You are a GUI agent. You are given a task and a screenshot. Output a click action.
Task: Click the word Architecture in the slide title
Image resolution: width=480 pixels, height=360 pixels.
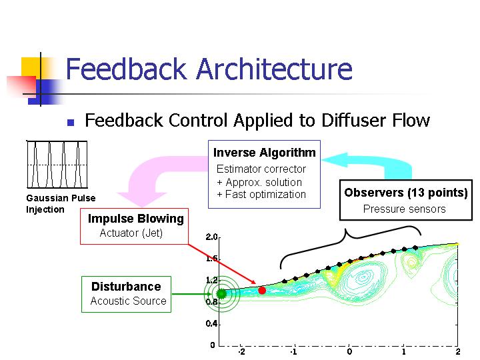coord(274,69)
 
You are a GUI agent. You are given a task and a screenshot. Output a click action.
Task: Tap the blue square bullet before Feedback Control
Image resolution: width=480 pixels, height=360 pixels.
coord(71,123)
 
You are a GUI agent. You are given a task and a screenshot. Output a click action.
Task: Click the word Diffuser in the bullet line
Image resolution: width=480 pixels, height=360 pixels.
coord(354,120)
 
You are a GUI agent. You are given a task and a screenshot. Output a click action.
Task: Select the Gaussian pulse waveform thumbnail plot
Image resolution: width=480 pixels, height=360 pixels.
coord(57,165)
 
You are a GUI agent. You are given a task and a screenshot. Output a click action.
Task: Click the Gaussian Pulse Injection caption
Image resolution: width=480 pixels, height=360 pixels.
coord(61,203)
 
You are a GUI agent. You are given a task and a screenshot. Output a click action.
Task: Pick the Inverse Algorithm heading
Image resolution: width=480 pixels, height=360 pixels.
coord(265,153)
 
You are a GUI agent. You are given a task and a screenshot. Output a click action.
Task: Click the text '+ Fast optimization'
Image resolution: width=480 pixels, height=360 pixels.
coord(261,195)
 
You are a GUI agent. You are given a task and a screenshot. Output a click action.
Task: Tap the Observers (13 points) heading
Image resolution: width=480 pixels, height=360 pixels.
coord(406,193)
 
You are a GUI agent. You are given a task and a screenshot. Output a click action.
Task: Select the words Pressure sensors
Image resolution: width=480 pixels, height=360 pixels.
coord(405,209)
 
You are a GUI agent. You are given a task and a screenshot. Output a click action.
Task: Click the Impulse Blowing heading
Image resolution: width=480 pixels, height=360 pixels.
coord(136,219)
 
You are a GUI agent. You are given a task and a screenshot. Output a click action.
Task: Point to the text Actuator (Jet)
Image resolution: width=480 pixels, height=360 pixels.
coord(131,233)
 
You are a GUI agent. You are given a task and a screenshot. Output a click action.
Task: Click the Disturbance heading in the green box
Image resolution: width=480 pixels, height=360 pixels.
coord(126,287)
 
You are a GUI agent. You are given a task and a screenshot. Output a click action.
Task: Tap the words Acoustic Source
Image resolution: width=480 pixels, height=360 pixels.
coord(128,301)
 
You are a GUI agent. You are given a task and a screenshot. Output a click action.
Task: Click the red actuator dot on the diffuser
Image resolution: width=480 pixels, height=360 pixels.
coord(262,290)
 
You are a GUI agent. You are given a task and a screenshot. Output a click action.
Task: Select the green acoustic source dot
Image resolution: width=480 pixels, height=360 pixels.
coord(221,294)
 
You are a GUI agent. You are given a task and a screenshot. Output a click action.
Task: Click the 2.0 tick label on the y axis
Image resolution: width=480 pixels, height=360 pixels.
coord(211,237)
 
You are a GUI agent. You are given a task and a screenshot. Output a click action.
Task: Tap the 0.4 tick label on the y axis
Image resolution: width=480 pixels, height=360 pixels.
coord(211,323)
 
